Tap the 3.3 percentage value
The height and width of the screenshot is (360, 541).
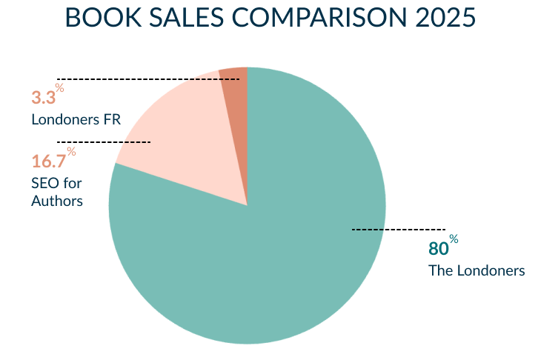[x=43, y=98]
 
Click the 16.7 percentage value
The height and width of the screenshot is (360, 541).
[x=48, y=161]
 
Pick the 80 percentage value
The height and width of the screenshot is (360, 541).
[x=438, y=248]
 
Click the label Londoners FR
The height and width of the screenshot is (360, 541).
[x=76, y=119]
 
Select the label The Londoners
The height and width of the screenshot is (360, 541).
[x=477, y=270]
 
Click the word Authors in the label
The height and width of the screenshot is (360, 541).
[x=56, y=201]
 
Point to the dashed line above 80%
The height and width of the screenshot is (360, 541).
[x=398, y=230]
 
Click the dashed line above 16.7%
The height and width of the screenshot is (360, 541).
[x=104, y=141]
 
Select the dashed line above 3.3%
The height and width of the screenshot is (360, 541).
[x=148, y=78]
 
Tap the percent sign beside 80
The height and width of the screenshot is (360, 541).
[x=454, y=239]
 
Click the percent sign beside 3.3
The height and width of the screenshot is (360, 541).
[x=60, y=88]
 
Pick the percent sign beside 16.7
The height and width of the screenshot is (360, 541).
[x=71, y=152]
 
